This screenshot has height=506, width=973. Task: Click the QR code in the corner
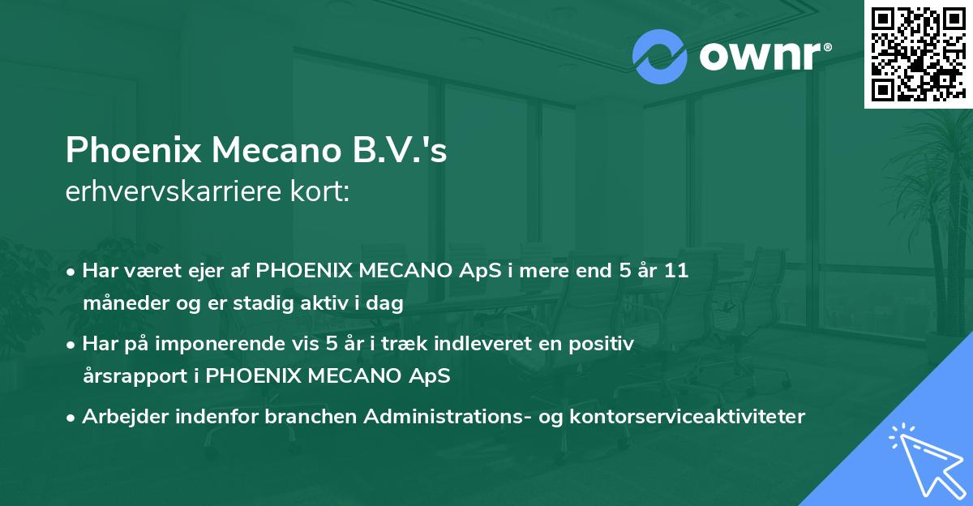pos(918,54)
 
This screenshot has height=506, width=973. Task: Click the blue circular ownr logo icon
pos(659,57)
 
